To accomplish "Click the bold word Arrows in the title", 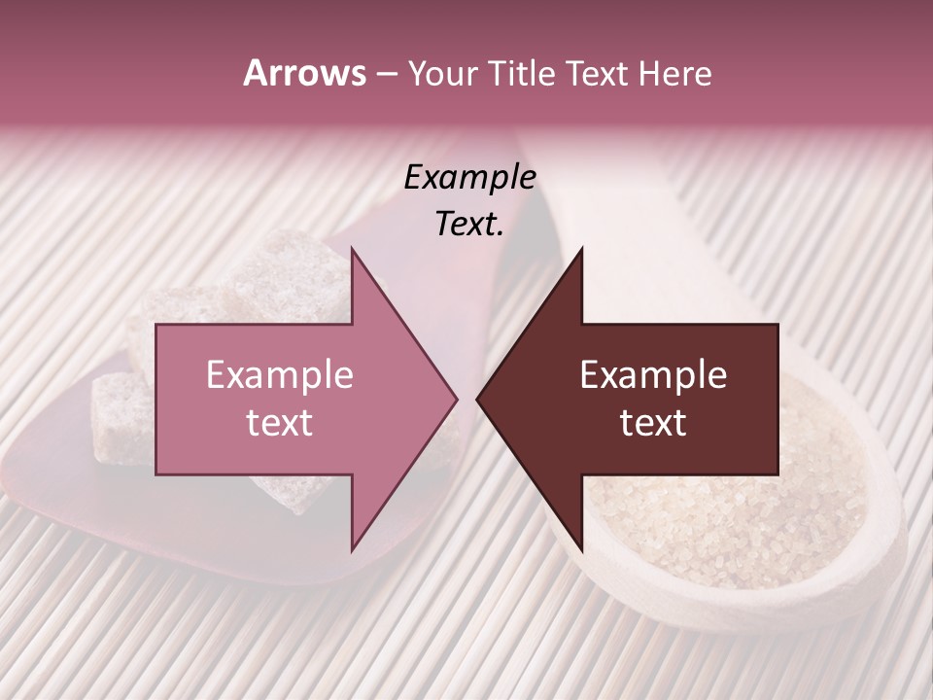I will [x=304, y=74].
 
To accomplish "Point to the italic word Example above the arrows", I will [x=469, y=178].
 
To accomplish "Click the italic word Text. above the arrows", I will [x=469, y=225].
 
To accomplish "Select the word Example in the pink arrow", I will [x=279, y=375].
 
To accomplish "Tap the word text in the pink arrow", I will [x=279, y=423].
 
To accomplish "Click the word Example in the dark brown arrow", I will [x=653, y=375].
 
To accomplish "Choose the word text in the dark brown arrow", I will [x=653, y=423].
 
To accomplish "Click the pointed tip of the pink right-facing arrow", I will [x=457, y=399].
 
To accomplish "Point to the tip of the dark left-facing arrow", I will [x=477, y=399].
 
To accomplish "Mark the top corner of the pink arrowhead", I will [x=352, y=248].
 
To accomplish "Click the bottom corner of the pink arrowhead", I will [x=352, y=550].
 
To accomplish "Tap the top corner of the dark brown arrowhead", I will [x=582, y=248].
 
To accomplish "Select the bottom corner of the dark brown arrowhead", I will [x=582, y=550].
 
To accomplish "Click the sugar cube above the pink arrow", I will [x=292, y=272].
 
